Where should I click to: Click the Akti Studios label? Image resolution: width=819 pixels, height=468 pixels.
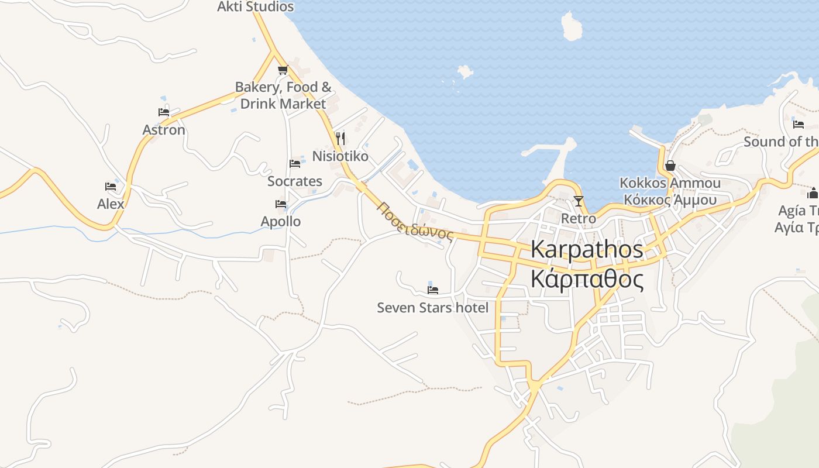pos(256,7)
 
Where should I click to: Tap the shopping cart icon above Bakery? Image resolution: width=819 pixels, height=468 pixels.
pos(283,70)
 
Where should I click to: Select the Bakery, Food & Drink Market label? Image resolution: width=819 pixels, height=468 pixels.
pos(283,95)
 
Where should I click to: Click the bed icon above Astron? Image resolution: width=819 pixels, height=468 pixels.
pos(164,112)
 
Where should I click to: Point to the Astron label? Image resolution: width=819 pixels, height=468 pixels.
pos(164,130)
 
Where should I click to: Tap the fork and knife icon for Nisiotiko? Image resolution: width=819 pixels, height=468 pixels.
pos(340,139)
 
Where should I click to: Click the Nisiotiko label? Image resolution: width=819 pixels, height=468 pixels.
pos(340,156)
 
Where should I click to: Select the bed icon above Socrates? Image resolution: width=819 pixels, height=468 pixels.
pos(295,164)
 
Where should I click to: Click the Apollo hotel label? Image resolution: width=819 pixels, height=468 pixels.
pos(281,222)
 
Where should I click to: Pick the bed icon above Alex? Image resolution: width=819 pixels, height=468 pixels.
pos(111,187)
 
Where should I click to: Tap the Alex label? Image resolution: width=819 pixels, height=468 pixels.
pos(111,204)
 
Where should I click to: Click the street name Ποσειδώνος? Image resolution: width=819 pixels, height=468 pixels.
pos(415,222)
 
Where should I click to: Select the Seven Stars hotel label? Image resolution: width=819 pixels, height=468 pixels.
pos(432,308)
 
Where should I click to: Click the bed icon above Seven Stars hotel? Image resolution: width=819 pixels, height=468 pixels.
pos(433,290)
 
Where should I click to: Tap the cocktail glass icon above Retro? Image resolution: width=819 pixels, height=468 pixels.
pos(579,201)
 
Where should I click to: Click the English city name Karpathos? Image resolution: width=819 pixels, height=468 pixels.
pos(587,250)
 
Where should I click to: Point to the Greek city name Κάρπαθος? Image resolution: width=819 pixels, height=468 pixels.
pos(587,279)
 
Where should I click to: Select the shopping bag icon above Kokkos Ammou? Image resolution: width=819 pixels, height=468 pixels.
pos(670,166)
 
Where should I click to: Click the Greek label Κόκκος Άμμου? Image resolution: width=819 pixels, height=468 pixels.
pos(670,200)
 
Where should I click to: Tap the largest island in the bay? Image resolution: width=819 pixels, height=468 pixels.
pos(571,27)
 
